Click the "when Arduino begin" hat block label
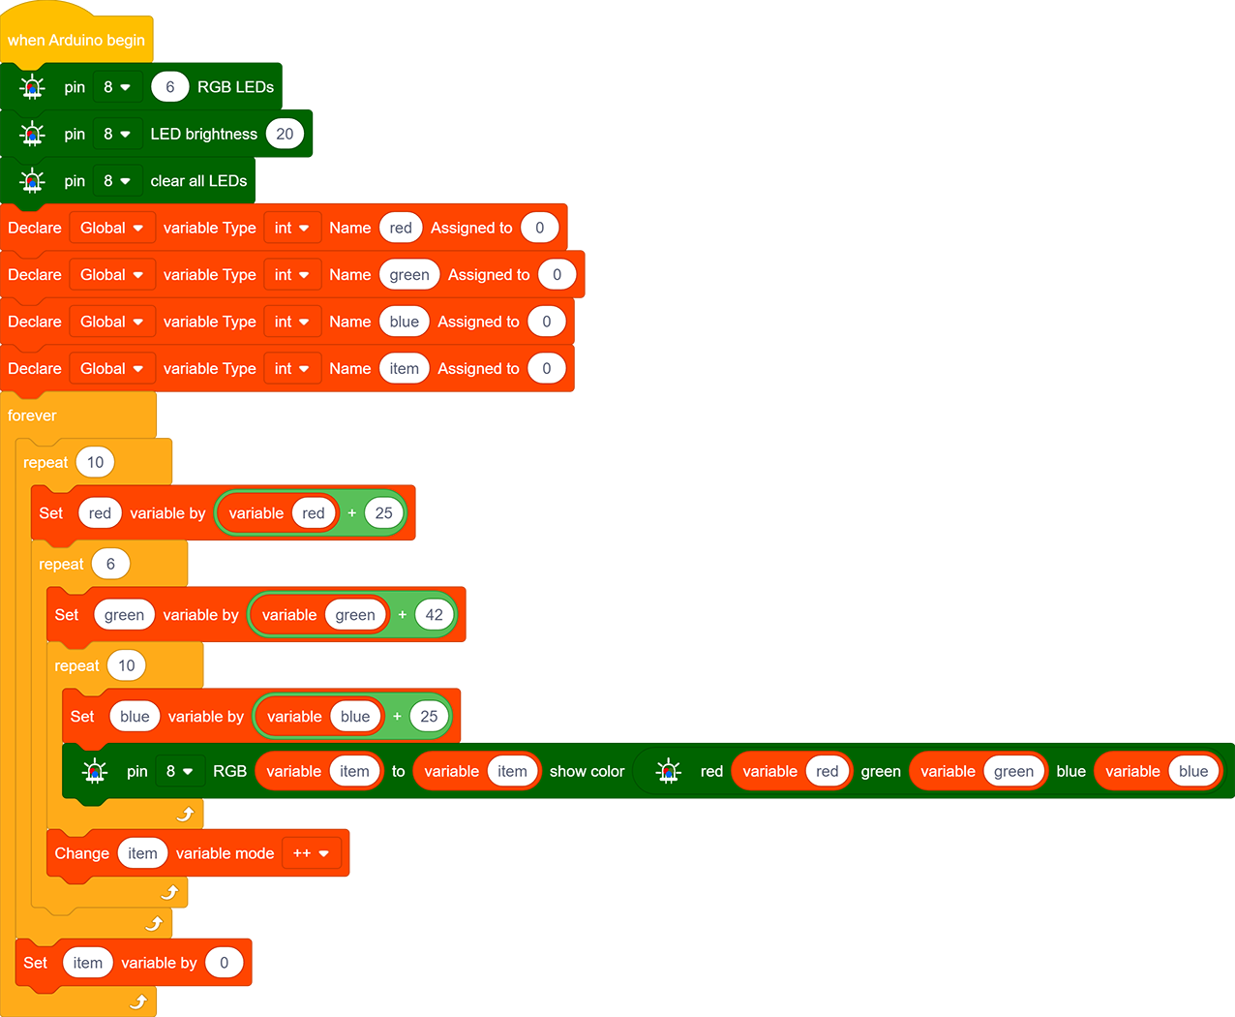(x=76, y=40)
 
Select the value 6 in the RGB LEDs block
(x=169, y=87)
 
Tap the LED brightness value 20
(x=285, y=134)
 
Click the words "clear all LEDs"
(x=198, y=181)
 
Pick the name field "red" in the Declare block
(x=401, y=228)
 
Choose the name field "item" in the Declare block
(x=404, y=368)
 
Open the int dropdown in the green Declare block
(x=292, y=274)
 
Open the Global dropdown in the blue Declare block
(x=112, y=322)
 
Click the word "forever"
(x=32, y=416)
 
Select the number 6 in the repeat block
(x=110, y=564)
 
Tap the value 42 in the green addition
(x=434, y=614)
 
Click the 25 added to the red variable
(x=383, y=513)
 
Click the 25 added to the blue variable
(x=429, y=717)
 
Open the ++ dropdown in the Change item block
(x=312, y=853)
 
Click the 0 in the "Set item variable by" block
(x=224, y=963)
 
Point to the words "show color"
(x=587, y=771)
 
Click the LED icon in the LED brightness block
(x=32, y=135)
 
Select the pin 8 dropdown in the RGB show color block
(x=180, y=771)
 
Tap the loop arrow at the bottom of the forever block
(x=138, y=1002)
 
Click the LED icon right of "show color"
(x=668, y=771)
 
